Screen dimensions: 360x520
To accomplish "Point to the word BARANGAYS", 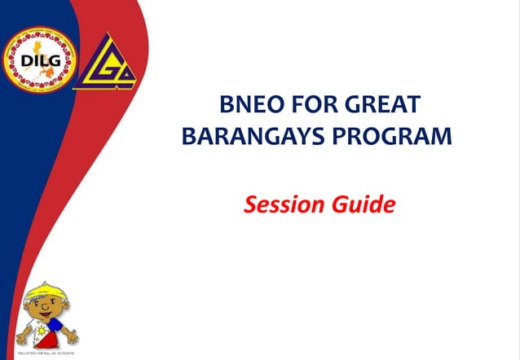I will point(249,134).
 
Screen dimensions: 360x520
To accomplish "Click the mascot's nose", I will point(43,314).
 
